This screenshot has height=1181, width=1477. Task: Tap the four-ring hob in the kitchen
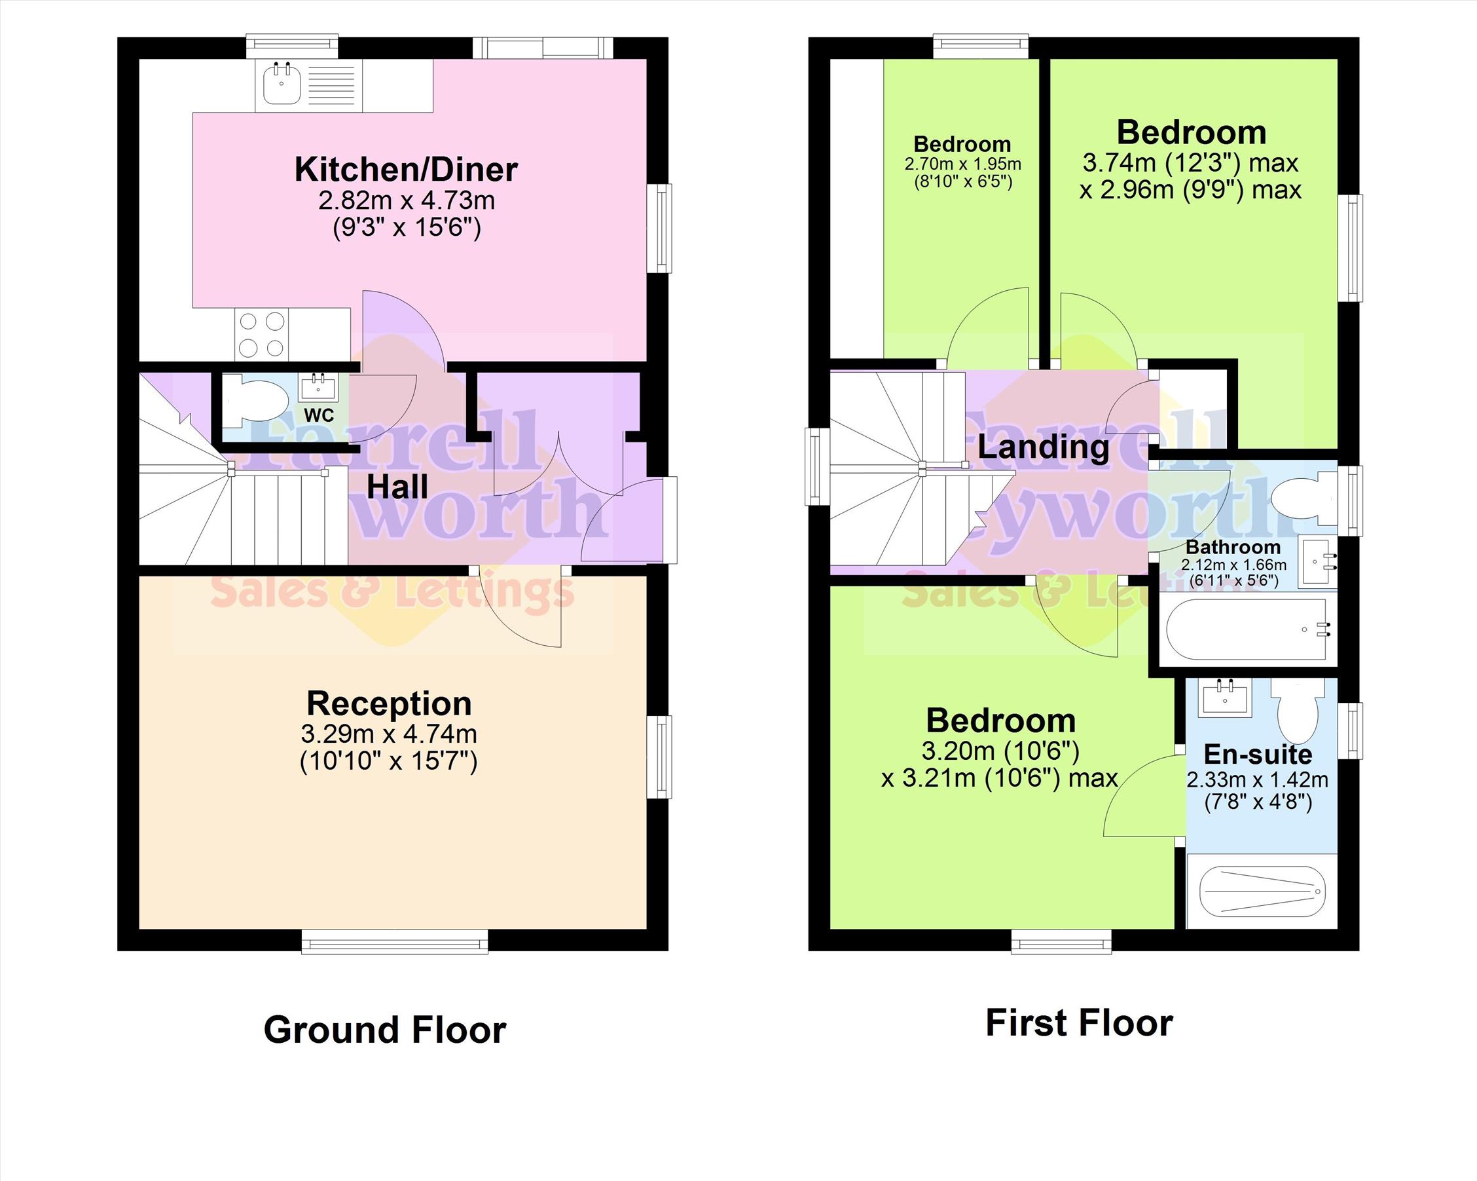tap(262, 335)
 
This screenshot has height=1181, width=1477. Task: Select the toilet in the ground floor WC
tap(254, 397)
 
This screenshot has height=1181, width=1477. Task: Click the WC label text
tap(319, 415)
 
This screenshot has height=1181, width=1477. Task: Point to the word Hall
tap(397, 487)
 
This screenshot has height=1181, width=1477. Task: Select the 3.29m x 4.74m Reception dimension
tap(388, 734)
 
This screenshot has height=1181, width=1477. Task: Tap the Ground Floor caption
tap(385, 1030)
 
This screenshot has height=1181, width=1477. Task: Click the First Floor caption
tap(1079, 1022)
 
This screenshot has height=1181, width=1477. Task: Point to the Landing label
tap(1044, 447)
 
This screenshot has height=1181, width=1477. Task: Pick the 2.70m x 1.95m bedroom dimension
tap(962, 164)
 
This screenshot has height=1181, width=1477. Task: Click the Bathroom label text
tap(1233, 547)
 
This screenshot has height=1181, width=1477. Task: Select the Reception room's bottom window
tap(395, 941)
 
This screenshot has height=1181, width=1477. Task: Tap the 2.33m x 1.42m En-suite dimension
tap(1258, 779)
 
